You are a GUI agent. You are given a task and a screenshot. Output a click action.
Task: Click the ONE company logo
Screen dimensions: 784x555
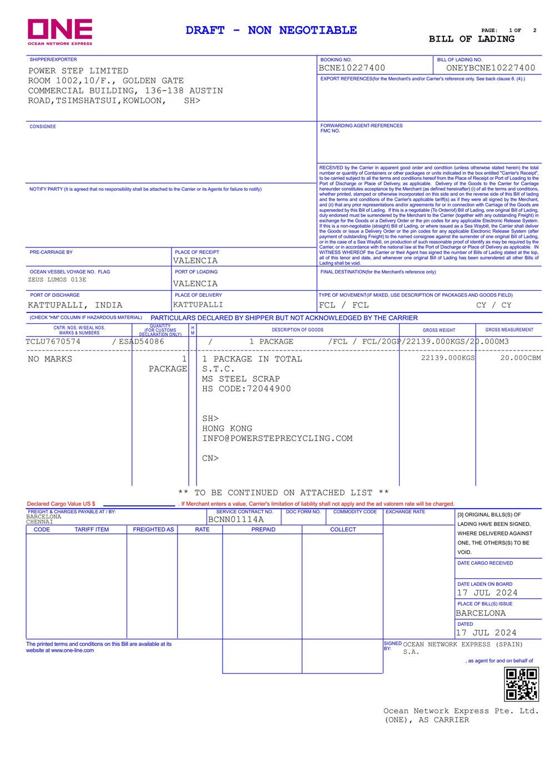tap(60, 32)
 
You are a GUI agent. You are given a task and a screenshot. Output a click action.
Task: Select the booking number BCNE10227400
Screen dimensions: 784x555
tap(352, 68)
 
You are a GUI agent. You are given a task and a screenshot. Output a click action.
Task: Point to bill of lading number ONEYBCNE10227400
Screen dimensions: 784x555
tap(491, 68)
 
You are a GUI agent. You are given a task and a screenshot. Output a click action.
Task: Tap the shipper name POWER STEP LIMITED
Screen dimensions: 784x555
tap(78, 71)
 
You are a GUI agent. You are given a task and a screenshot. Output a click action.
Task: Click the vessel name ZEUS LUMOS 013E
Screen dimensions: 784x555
tap(57, 280)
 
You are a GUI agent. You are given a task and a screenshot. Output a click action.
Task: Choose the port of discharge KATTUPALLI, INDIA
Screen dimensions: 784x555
tap(75, 305)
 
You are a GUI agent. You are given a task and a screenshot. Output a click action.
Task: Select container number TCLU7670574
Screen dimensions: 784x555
tap(53, 342)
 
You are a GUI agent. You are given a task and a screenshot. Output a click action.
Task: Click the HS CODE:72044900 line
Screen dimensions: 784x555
tap(246, 389)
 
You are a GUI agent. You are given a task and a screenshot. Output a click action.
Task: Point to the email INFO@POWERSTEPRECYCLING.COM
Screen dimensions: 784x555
tap(277, 438)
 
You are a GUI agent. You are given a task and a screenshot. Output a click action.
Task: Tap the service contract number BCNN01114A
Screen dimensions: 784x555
tap(236, 520)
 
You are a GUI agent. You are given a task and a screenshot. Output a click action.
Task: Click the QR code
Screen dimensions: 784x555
tap(521, 684)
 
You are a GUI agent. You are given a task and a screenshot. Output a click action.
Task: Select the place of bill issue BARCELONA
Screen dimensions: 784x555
tap(481, 613)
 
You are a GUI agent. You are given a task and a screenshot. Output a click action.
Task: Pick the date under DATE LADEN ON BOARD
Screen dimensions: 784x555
tap(487, 593)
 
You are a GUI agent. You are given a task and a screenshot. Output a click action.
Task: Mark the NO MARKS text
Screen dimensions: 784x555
tap(50, 359)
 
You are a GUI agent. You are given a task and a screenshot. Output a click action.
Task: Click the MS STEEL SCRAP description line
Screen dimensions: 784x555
tap(241, 379)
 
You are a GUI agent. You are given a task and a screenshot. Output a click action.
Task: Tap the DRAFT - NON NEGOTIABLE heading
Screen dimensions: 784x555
tap(271, 31)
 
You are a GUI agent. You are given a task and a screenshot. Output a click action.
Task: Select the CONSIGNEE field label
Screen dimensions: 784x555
tap(43, 127)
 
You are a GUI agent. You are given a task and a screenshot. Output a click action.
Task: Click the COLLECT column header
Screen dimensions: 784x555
tap(343, 529)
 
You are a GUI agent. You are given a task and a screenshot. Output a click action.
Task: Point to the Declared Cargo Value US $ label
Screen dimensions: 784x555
tap(61, 504)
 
